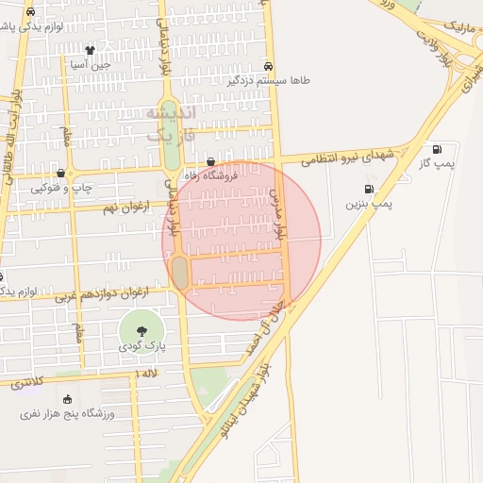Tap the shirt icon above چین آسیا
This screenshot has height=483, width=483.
click(90, 51)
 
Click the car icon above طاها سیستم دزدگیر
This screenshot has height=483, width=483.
click(269, 67)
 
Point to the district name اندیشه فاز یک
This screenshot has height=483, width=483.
click(171, 124)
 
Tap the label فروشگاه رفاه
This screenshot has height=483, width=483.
click(210, 174)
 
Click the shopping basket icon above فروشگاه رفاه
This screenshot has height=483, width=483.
click(210, 161)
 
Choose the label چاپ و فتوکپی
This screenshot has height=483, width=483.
click(62, 187)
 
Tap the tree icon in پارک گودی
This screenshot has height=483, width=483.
click(142, 331)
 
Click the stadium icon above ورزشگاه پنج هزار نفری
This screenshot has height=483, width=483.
click(67, 399)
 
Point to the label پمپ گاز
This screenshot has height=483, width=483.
click(438, 163)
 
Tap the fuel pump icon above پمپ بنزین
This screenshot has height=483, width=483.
click(368, 189)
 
